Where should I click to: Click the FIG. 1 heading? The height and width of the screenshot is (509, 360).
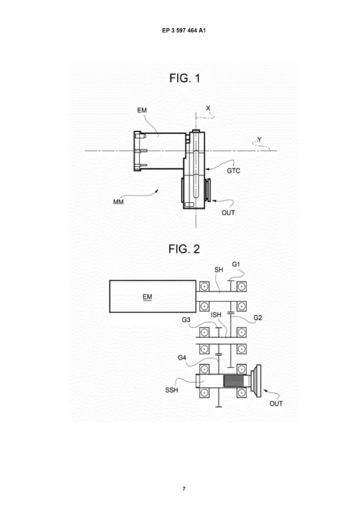point(185,78)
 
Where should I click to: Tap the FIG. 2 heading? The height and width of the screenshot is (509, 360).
point(184,249)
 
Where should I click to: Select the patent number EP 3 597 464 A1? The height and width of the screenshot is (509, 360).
point(184,31)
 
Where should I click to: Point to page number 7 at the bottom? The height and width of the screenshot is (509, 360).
point(184,489)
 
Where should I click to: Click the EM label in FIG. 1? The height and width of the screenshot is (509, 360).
point(142,110)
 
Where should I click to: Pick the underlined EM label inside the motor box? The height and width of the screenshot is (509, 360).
point(147,297)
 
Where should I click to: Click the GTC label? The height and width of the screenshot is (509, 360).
point(233,171)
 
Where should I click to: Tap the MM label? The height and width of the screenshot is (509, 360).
point(119,202)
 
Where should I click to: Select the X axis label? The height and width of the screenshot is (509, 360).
point(208,108)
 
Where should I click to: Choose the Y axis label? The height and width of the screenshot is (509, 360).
point(259,139)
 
